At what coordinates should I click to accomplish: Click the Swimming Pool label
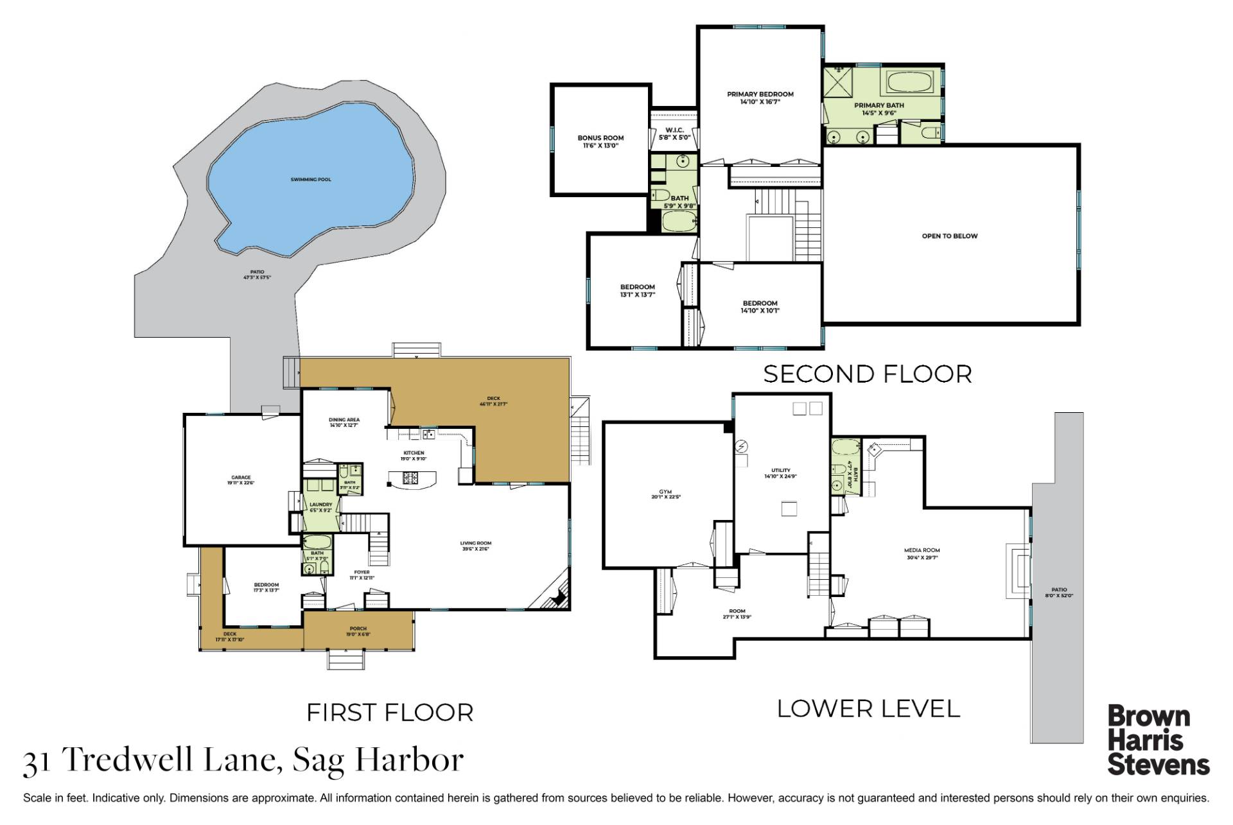(x=311, y=180)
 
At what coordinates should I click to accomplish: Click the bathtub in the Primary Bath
(x=912, y=83)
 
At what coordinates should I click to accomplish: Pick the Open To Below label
(x=949, y=236)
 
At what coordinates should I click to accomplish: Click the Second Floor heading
(x=867, y=374)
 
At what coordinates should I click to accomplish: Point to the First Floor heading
(x=390, y=713)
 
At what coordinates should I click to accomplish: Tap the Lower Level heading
(x=868, y=709)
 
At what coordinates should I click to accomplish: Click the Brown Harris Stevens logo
(x=1158, y=740)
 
